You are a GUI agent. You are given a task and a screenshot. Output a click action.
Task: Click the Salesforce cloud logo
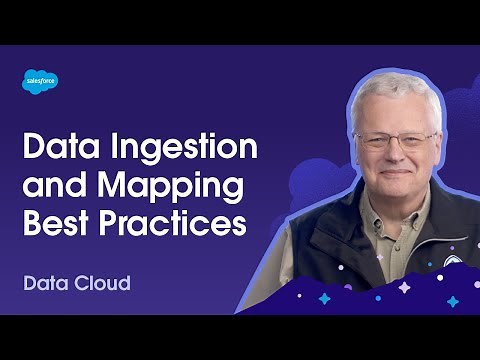(40, 82)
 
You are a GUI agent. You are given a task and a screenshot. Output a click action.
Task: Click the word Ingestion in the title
(185, 149)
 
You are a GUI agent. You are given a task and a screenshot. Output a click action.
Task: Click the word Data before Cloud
(44, 282)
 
